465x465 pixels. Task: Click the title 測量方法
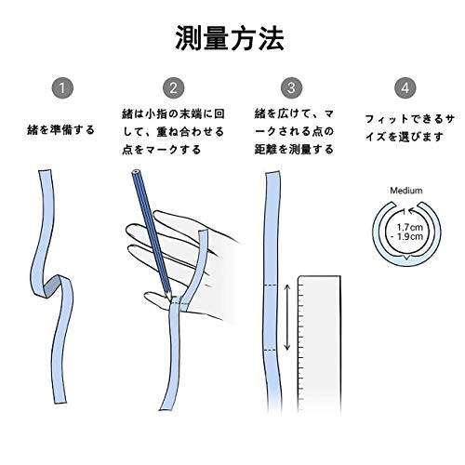(x=230, y=39)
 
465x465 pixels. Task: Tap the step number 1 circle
(x=62, y=88)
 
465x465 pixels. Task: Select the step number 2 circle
(x=174, y=88)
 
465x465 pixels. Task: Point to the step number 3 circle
(x=291, y=88)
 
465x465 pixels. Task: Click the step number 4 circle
(x=405, y=88)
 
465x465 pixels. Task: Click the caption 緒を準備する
(x=60, y=129)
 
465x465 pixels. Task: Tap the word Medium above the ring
(x=406, y=191)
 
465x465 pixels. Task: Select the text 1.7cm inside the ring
(x=410, y=227)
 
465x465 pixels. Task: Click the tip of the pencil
(x=170, y=299)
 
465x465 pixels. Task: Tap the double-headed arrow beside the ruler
(x=287, y=317)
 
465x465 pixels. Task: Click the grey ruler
(x=319, y=344)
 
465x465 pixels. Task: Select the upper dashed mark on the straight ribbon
(x=273, y=285)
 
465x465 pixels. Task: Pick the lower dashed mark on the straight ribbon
(x=273, y=350)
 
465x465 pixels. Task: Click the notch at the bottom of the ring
(x=406, y=258)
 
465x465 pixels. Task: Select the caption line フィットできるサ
(x=409, y=119)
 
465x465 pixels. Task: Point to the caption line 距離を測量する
(x=294, y=150)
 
